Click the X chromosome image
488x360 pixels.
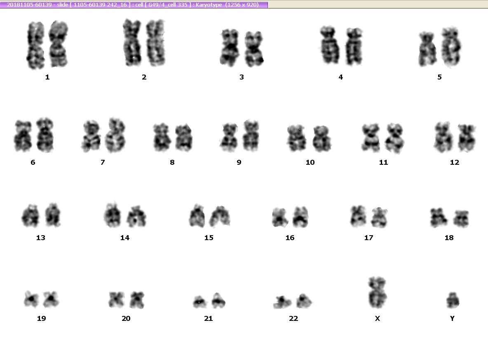click(x=377, y=292)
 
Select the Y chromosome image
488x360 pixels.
click(x=453, y=300)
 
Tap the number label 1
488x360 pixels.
click(x=47, y=77)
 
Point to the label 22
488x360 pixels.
click(x=293, y=318)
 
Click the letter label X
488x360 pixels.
click(x=378, y=318)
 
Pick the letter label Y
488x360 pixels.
click(x=452, y=318)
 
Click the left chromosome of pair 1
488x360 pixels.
click(x=36, y=45)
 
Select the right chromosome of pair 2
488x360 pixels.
click(x=155, y=42)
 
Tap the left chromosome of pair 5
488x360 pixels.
click(x=427, y=49)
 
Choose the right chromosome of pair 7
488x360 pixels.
click(x=115, y=136)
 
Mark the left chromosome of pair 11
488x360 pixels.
click(x=371, y=138)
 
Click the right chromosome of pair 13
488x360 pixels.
click(x=53, y=215)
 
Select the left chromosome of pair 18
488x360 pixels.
click(x=439, y=217)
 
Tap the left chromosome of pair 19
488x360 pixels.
click(x=31, y=299)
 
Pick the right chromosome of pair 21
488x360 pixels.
click(x=218, y=300)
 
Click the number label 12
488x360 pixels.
click(x=454, y=162)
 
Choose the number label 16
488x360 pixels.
click(x=290, y=238)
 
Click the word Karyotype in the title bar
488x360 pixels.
click(x=209, y=5)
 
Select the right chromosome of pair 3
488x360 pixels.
click(x=254, y=49)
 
